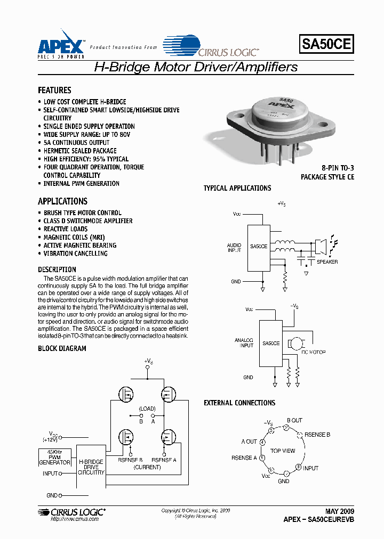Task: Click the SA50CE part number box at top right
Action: coord(327,44)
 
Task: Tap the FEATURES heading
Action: coord(54,91)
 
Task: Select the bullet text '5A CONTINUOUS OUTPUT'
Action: coord(76,143)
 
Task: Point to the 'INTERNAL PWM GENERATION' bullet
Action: coord(81,184)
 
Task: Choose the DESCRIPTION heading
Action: coord(57,269)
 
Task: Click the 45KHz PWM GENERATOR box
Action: coord(55,457)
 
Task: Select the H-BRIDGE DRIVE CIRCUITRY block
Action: coord(91,467)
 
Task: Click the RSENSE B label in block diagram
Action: coord(130,460)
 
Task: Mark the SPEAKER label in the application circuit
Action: coord(327,262)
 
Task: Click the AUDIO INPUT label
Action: coord(234,248)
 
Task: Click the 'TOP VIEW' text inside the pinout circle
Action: coord(282,451)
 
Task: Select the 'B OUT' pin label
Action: coord(294,420)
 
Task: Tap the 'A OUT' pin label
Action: coord(249,442)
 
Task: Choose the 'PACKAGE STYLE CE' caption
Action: coord(327,177)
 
